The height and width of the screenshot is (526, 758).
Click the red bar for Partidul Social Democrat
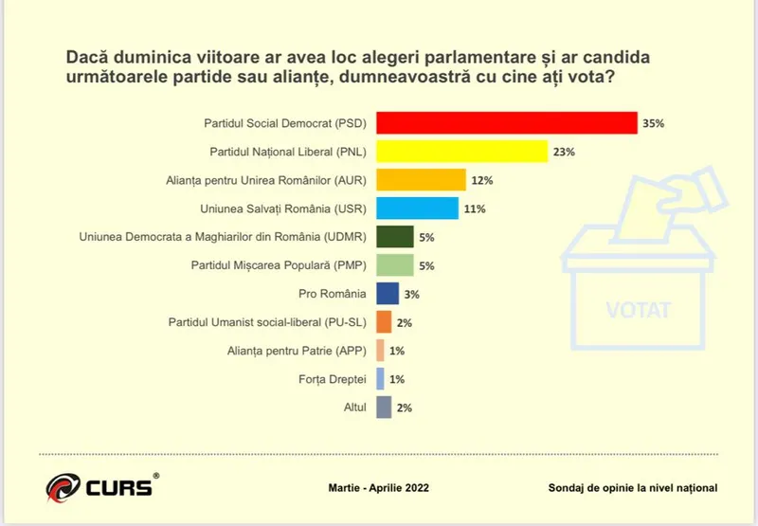click(x=506, y=123)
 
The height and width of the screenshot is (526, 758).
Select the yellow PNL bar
click(x=462, y=152)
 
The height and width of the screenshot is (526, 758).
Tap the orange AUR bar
click(x=421, y=180)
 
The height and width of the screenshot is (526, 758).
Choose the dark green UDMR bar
click(x=394, y=237)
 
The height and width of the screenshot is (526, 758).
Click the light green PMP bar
click(x=394, y=265)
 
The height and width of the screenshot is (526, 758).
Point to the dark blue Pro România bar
click(x=387, y=294)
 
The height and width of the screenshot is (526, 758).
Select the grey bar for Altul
click(x=384, y=408)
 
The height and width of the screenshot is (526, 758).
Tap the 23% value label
click(x=565, y=152)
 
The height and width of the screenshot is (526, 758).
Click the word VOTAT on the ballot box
click(x=638, y=309)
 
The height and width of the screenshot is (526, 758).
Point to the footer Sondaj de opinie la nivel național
click(x=632, y=488)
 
